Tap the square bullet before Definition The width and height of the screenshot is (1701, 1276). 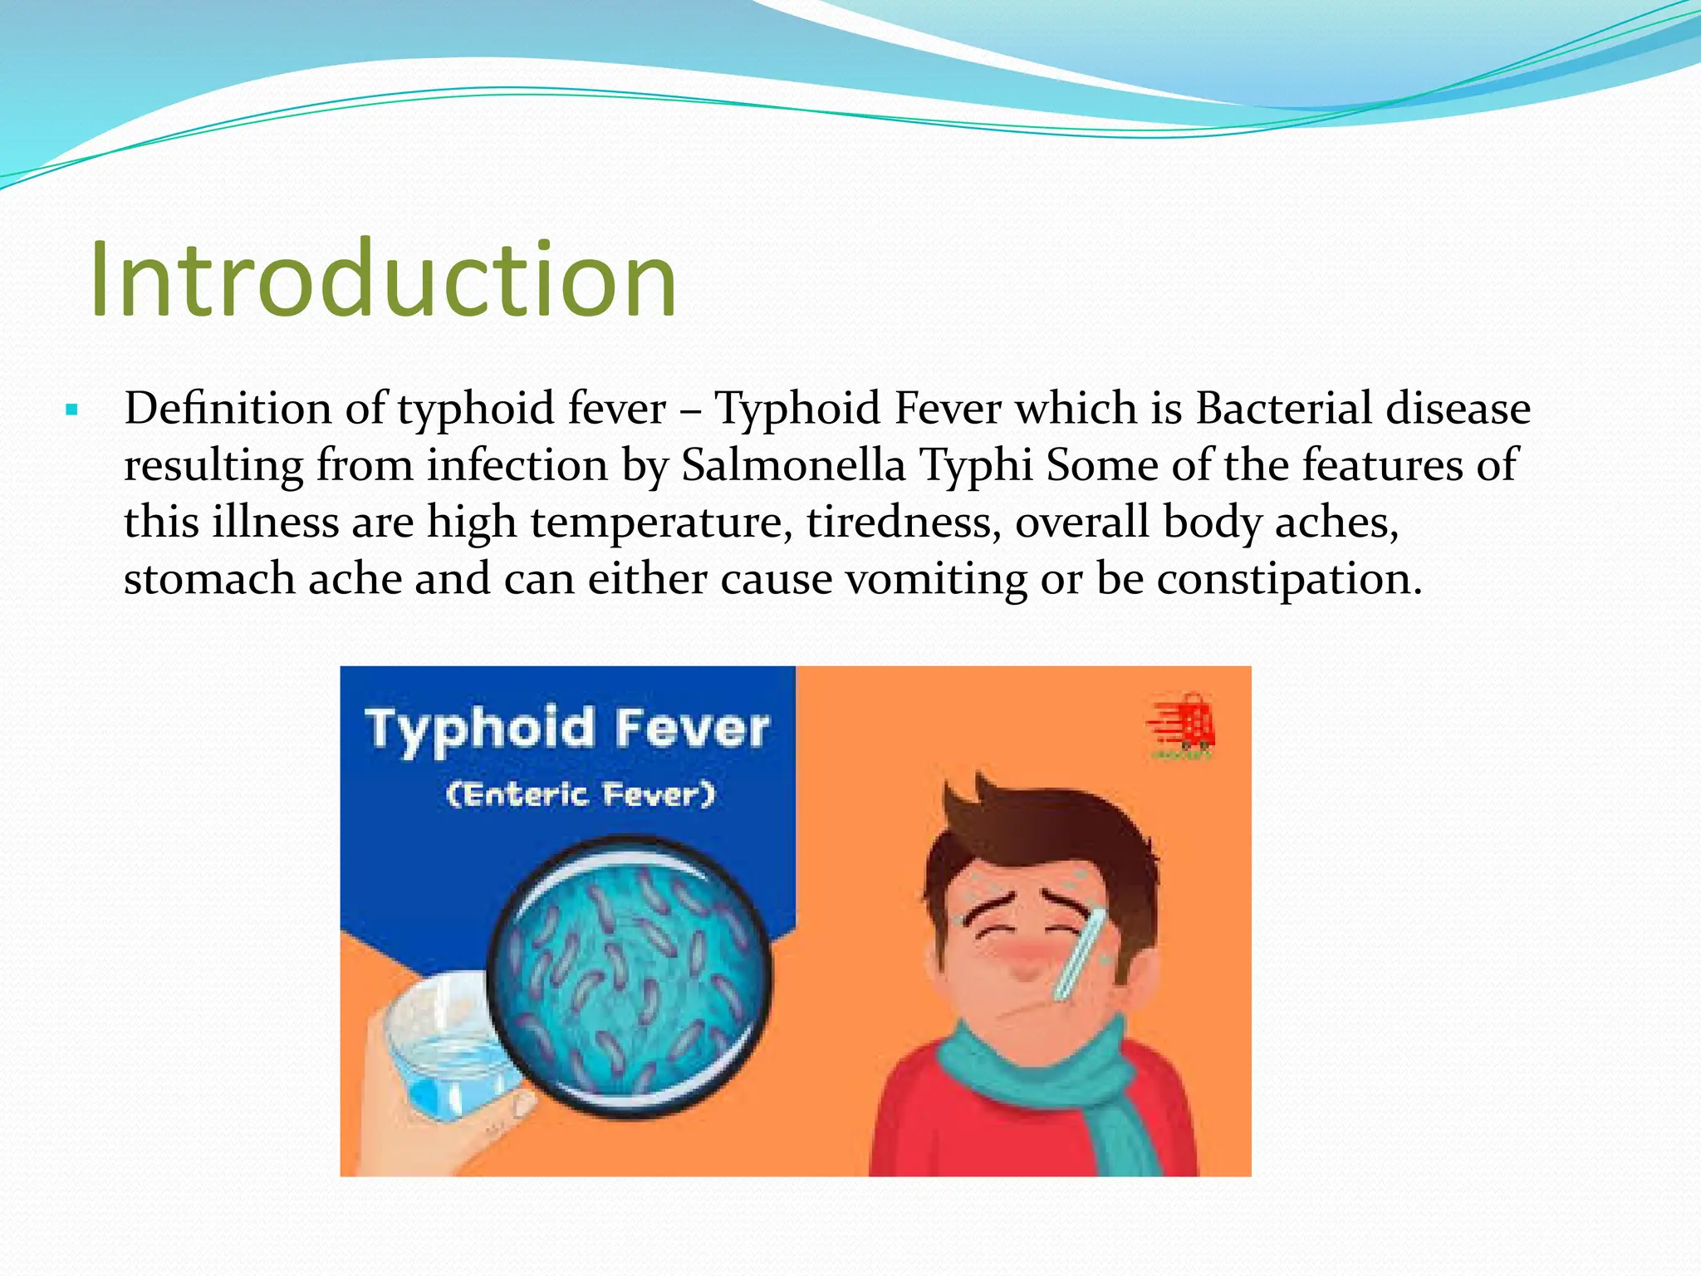[71, 410]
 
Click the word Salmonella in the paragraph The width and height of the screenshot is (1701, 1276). [792, 464]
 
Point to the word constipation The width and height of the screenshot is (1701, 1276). [1287, 578]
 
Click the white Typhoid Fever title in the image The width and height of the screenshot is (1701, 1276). [567, 729]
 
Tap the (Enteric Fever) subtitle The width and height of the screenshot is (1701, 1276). [580, 794]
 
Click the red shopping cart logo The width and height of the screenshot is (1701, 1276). [1183, 724]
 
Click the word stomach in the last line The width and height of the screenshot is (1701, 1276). [208, 578]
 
